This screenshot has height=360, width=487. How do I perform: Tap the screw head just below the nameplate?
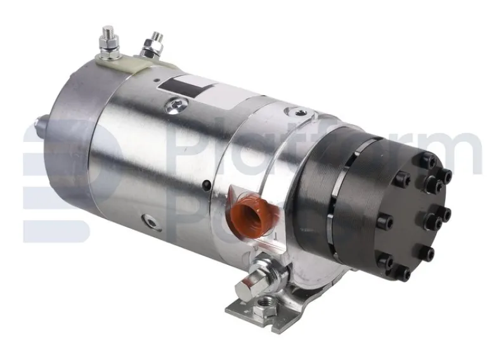pos(173,105)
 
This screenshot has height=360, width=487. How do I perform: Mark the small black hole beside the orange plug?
pos(206,185)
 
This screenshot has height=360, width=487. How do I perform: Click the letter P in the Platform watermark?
pos(191,152)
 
